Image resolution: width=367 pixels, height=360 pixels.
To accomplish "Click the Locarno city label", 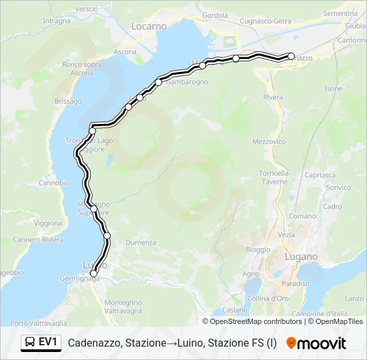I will tap(149, 26).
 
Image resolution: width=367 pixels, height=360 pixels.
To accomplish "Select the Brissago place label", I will tap(67, 101).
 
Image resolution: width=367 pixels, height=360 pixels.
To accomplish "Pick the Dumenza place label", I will tap(140, 243).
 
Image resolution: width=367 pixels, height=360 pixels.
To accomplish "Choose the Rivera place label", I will tap(273, 97).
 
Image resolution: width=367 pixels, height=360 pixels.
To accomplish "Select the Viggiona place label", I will tap(47, 223).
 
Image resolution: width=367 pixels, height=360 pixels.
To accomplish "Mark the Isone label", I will tap(333, 89).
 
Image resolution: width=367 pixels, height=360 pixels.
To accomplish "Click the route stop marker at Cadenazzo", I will tap(290, 57).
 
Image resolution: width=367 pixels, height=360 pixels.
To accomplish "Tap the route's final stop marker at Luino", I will tap(93, 273).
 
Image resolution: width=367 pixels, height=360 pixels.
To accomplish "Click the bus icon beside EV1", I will tap(30, 343).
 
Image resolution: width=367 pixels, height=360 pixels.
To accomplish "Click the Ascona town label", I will tap(125, 51).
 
